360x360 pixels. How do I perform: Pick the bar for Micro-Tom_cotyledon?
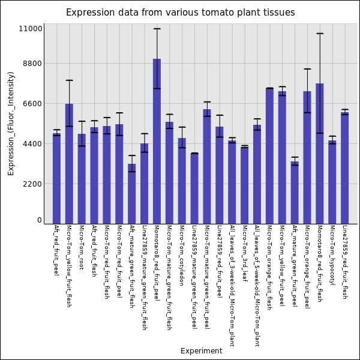pos(182,181)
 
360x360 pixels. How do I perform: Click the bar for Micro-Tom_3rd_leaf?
pos(244,185)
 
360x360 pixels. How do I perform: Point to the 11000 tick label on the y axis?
pos(31,28)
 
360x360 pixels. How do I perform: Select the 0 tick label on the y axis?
pos(40,220)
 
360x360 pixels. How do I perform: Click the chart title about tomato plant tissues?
pos(180,13)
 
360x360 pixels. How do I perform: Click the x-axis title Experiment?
pos(201,351)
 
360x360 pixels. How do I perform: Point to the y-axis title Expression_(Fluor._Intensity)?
pos(11,123)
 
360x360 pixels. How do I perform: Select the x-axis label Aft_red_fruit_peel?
pos(56,250)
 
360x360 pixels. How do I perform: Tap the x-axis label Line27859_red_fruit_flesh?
pos(344,262)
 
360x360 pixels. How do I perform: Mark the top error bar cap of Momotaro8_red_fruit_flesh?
pos(320,34)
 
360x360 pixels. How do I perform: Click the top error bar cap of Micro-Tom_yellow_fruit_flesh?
pos(69,80)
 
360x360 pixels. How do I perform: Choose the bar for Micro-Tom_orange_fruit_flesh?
pos(269,156)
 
